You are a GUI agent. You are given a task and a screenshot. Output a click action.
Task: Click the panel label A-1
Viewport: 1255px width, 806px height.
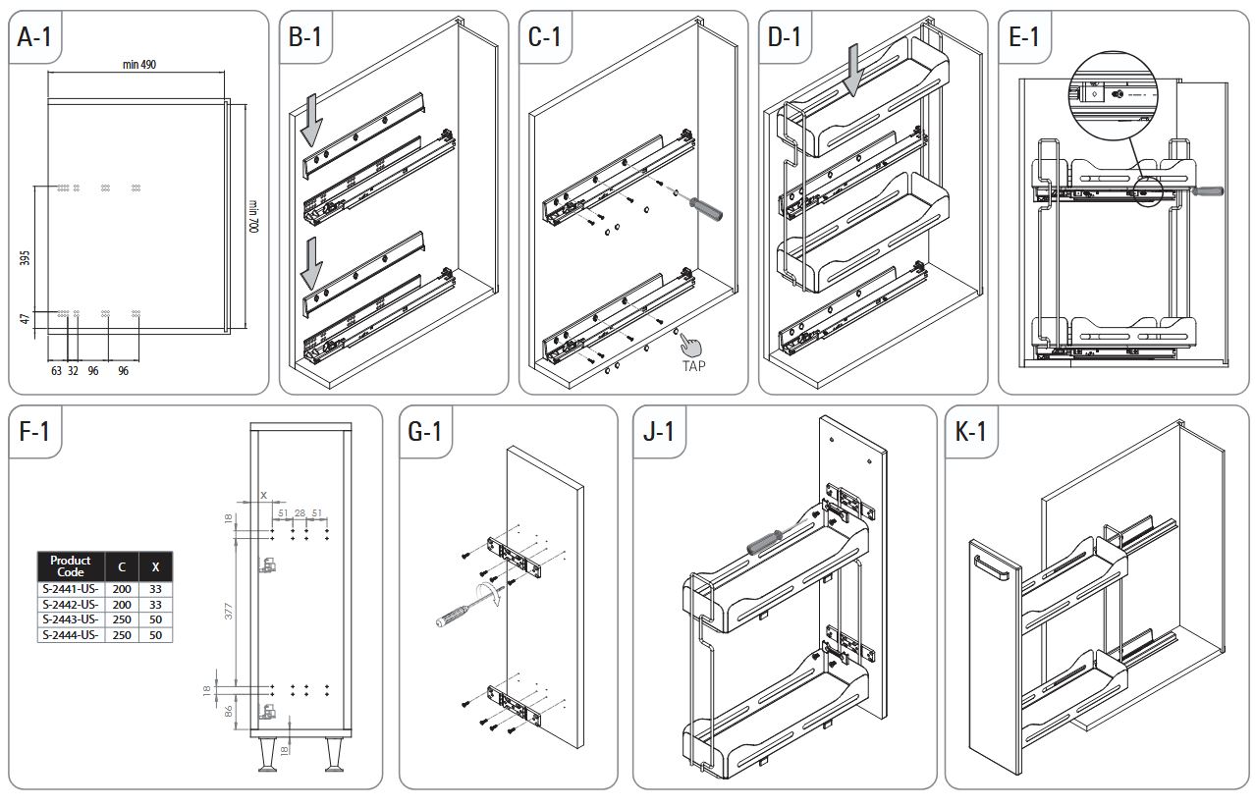36,37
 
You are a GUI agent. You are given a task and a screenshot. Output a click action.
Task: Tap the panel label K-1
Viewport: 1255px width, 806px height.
971,432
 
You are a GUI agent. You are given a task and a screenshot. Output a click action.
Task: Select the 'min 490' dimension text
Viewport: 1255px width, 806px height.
139,64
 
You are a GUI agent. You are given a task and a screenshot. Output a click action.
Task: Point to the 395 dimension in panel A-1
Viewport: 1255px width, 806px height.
26,258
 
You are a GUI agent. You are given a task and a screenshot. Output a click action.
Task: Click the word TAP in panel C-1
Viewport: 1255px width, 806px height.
694,365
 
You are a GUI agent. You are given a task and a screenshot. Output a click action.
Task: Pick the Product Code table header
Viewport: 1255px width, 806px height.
70,566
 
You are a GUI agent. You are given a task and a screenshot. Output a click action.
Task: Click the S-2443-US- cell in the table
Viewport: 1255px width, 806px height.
70,619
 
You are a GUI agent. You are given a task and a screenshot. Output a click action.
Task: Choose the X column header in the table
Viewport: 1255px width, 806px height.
155,566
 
